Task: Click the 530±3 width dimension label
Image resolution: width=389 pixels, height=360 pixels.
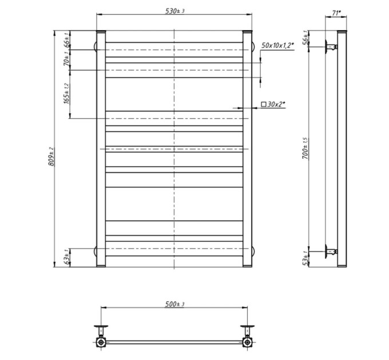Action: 175,11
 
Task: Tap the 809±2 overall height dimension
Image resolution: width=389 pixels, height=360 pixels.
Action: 51,157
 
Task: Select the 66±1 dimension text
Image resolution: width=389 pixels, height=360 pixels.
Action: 67,39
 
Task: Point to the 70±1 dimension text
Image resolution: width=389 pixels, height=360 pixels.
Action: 66,59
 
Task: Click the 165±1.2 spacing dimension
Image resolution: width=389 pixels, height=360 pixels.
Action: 67,93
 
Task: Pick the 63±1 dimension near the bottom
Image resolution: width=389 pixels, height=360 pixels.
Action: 66,258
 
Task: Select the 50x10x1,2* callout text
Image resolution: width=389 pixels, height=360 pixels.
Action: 277,45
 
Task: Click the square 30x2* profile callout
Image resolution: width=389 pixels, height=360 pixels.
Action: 273,105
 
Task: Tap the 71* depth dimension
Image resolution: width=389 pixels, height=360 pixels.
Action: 336,13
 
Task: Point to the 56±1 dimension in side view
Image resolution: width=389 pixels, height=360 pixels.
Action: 305,38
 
